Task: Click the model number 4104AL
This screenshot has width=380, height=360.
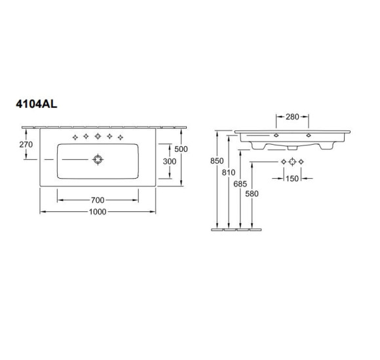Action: pyautogui.click(x=36, y=104)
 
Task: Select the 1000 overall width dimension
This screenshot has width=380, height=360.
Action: pyautogui.click(x=98, y=212)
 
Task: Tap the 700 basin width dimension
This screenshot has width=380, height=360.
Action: pyautogui.click(x=98, y=200)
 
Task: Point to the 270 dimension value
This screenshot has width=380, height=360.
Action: pyautogui.click(x=26, y=144)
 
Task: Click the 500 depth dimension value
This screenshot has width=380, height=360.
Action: pyautogui.click(x=181, y=149)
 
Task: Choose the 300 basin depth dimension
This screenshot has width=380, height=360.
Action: pyautogui.click(x=170, y=161)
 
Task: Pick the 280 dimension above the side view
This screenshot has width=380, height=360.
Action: pyautogui.click(x=292, y=117)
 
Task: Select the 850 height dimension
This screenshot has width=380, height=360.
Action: pyautogui.click(x=217, y=161)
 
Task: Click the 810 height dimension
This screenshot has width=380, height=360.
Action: pyautogui.click(x=229, y=172)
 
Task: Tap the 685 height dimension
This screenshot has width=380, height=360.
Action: pyautogui.click(x=240, y=184)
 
